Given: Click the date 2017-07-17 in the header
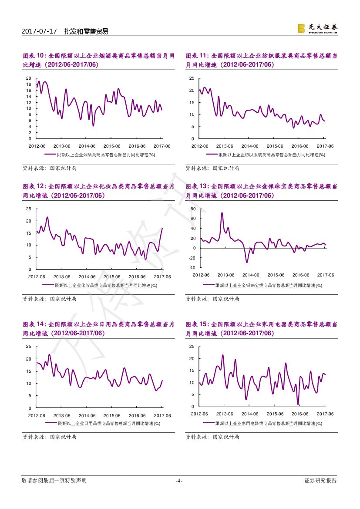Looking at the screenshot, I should [39, 31].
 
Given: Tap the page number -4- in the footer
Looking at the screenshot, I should [178, 481].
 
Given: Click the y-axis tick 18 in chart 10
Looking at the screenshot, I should [29, 84].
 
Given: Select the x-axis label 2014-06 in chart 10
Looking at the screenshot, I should [87, 146].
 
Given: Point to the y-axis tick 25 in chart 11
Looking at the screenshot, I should [192, 78].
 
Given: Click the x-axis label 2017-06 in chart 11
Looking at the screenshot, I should [325, 146].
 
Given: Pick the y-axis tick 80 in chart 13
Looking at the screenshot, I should [193, 209].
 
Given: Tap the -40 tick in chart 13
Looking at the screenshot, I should [192, 268].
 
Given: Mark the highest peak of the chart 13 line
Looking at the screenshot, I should [222, 213].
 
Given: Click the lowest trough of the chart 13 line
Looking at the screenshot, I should [247, 262].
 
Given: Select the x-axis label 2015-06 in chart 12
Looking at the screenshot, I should [112, 276].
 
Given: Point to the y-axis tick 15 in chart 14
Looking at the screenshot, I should [29, 371].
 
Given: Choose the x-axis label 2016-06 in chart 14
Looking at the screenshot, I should [137, 415].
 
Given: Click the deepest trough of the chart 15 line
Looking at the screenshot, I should [298, 404].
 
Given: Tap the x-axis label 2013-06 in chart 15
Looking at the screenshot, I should [225, 414].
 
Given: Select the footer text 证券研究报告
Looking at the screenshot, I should [320, 481].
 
